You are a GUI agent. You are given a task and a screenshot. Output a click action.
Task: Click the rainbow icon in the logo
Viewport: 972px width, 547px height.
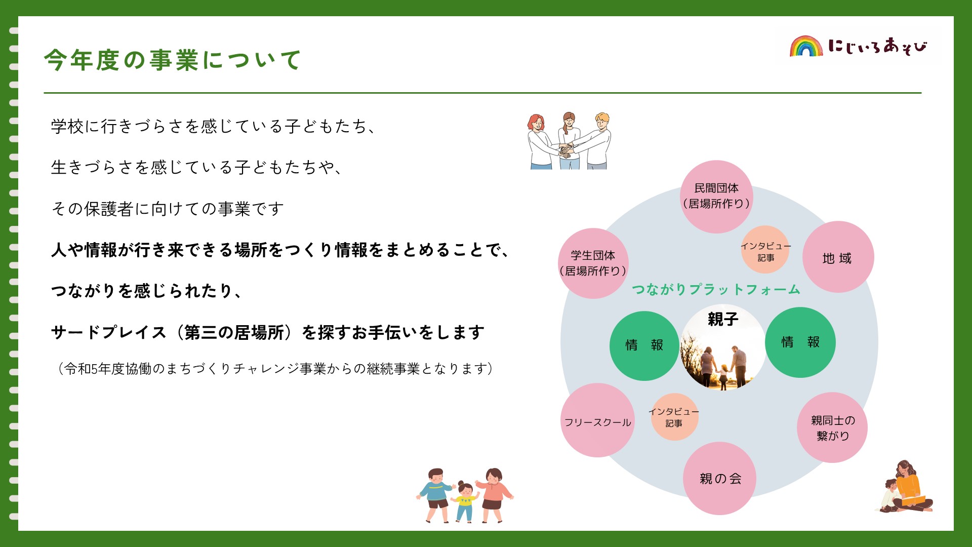coord(806,46)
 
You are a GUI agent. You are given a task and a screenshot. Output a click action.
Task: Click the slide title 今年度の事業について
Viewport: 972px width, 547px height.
coord(173,60)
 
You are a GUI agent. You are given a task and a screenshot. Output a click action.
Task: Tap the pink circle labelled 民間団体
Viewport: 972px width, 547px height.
coord(716,197)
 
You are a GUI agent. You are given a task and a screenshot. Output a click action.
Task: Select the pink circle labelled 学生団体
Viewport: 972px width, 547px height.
coord(593,263)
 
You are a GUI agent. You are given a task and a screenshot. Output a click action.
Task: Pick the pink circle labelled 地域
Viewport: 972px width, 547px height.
coord(838,257)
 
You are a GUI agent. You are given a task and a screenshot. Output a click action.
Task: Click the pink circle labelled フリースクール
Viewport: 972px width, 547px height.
coord(598,420)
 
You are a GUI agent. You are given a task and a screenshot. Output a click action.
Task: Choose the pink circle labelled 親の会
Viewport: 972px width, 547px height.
coord(720,479)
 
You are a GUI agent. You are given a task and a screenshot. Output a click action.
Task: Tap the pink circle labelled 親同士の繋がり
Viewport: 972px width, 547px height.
coord(832,427)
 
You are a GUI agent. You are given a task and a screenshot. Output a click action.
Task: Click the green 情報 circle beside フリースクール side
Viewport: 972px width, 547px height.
coord(644,346)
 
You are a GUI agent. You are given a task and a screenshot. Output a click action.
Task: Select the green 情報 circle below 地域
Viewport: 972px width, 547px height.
coord(800,342)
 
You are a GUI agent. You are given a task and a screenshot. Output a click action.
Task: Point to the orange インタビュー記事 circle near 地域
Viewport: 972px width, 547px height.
coord(765,250)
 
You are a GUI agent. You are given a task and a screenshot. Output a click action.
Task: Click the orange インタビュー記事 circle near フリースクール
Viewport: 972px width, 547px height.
coord(674,417)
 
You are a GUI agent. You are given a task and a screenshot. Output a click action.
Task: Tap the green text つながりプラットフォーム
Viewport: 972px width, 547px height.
coord(716,289)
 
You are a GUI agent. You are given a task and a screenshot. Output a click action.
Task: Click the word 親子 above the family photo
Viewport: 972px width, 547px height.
coord(723,319)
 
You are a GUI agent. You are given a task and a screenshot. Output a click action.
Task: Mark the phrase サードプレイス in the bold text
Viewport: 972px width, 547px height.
coord(109,332)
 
